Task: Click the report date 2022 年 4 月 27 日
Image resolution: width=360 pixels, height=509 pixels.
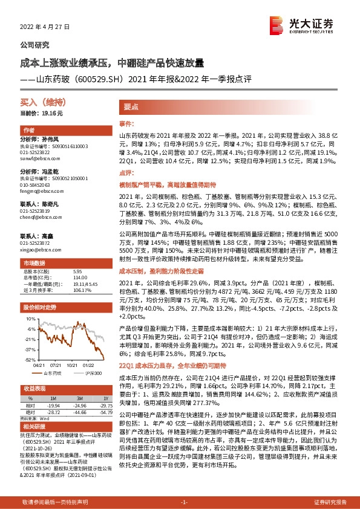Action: tap(45, 27)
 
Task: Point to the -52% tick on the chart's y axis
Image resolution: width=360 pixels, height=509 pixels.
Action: tap(28, 359)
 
